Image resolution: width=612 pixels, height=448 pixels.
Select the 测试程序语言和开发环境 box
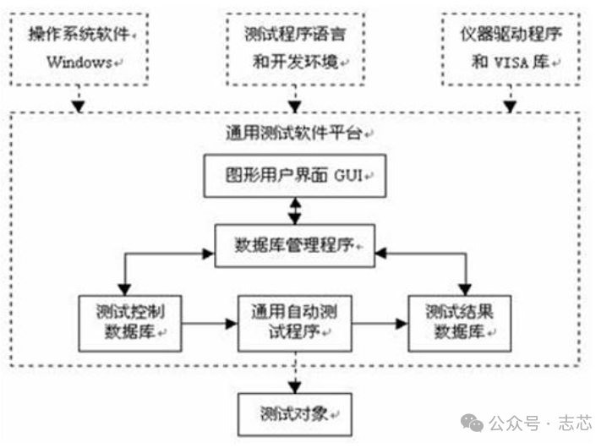pyautogui.click(x=294, y=49)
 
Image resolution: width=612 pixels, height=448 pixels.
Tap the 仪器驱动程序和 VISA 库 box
pyautogui.click(x=510, y=49)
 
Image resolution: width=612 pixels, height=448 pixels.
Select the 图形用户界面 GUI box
pyautogui.click(x=294, y=177)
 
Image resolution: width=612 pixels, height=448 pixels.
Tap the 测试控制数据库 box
pyautogui.click(x=128, y=322)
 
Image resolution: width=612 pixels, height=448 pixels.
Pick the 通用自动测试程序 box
pyautogui.click(x=293, y=322)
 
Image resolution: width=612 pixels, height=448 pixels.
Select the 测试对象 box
pyautogui.click(x=293, y=414)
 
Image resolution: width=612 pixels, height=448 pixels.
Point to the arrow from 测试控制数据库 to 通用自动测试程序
pyautogui.click(x=209, y=323)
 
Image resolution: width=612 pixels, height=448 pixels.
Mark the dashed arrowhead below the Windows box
pyautogui.click(x=79, y=107)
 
